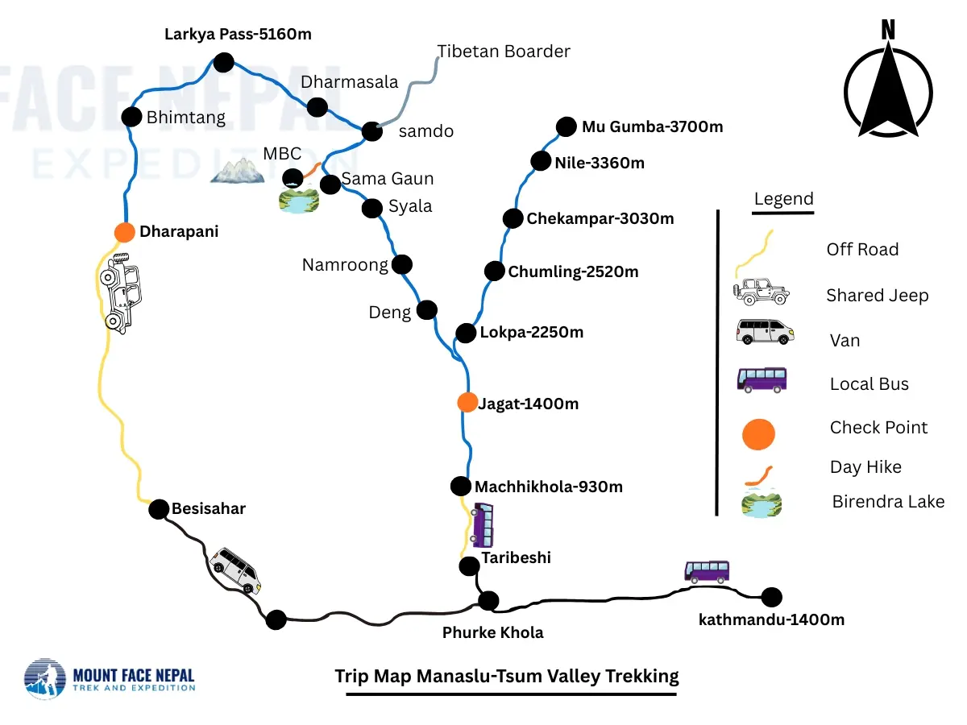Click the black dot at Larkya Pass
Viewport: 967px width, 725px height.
coord(223,61)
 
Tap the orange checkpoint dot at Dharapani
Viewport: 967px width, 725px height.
coord(124,232)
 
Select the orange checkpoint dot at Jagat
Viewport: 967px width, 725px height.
coord(467,402)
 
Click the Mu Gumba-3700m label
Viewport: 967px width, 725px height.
coord(652,126)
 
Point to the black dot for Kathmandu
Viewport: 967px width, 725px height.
coord(772,597)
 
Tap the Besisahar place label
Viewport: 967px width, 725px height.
coord(208,508)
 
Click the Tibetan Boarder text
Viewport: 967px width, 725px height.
coord(504,52)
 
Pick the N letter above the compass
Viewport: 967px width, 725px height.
coord(888,31)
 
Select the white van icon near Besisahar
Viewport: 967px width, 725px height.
coord(235,570)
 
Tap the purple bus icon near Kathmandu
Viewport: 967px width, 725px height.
coord(707,571)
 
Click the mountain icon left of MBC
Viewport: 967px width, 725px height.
coord(237,170)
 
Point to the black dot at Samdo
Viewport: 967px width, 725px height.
coord(371,131)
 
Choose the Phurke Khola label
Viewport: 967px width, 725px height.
coord(492,632)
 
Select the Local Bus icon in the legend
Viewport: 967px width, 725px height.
coord(762,379)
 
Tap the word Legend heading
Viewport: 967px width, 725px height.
coord(783,199)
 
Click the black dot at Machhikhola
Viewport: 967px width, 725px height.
coord(460,486)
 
